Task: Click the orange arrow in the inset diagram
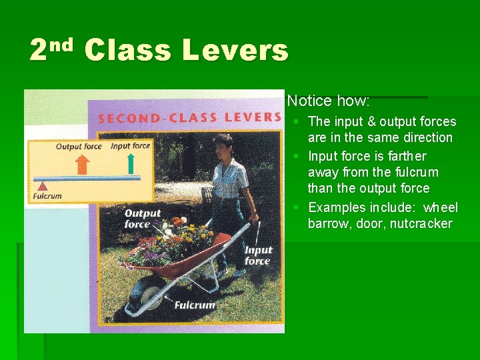click(81, 164)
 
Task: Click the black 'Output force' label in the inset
click(79, 146)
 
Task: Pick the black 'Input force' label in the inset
click(130, 145)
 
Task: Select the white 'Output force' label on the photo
click(143, 219)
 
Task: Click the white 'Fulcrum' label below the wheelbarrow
click(195, 305)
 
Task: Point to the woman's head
click(222, 146)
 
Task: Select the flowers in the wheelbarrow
click(170, 240)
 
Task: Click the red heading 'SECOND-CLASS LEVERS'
click(189, 117)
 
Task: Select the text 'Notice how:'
click(328, 101)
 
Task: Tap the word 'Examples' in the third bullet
click(337, 207)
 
